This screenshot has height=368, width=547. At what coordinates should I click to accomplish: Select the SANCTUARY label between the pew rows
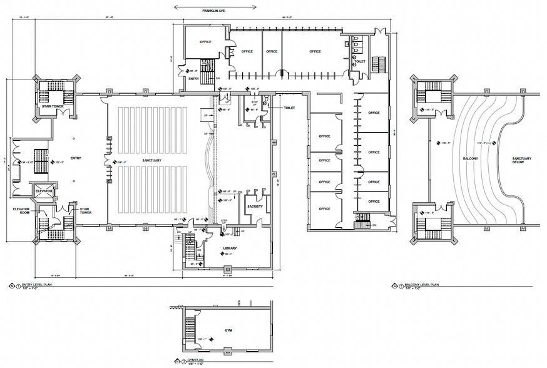coord(152,161)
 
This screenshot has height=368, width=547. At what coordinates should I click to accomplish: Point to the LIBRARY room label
coord(230,248)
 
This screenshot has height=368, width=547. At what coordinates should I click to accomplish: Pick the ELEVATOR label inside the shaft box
coord(43,190)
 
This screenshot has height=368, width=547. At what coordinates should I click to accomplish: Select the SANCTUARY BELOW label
coord(522,160)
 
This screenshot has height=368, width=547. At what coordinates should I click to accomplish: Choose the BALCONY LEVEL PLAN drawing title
coord(422,285)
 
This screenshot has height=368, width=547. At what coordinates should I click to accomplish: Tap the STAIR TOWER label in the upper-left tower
coord(52,106)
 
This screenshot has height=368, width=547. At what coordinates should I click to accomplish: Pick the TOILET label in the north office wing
coord(359,62)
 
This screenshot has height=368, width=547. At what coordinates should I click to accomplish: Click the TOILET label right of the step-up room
coord(289,108)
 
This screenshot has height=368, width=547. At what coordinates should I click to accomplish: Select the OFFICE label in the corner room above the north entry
coord(205,41)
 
